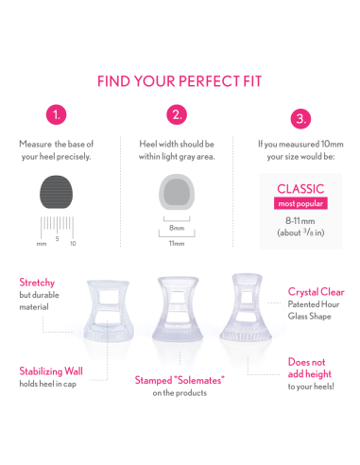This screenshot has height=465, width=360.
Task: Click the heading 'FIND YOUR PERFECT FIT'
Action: [180, 81]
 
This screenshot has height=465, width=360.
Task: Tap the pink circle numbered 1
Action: [57, 114]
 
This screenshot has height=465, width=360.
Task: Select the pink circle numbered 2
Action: [177, 114]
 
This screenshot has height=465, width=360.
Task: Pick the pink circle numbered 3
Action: [300, 119]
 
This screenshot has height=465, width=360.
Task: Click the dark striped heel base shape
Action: [56, 192]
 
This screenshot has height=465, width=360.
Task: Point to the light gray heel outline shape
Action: [177, 192]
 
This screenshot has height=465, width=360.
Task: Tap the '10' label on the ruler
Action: [73, 244]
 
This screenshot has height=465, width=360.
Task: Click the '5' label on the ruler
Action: [57, 239]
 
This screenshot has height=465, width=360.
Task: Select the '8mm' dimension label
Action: [177, 228]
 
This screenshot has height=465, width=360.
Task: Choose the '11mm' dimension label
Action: [177, 243]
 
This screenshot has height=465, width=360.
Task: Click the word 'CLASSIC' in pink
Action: [300, 189]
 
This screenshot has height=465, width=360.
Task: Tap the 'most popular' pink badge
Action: [300, 203]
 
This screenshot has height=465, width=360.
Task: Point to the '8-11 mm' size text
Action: [300, 221]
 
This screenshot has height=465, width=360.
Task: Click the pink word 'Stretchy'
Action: [37, 283]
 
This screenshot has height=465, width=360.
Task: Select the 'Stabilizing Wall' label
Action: [51, 371]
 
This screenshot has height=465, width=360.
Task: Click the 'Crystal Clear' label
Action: [316, 292]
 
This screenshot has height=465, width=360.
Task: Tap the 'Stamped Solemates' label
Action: [180, 380]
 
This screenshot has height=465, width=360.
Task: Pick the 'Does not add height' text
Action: [310, 368]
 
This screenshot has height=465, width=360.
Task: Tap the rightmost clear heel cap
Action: [246, 307]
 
